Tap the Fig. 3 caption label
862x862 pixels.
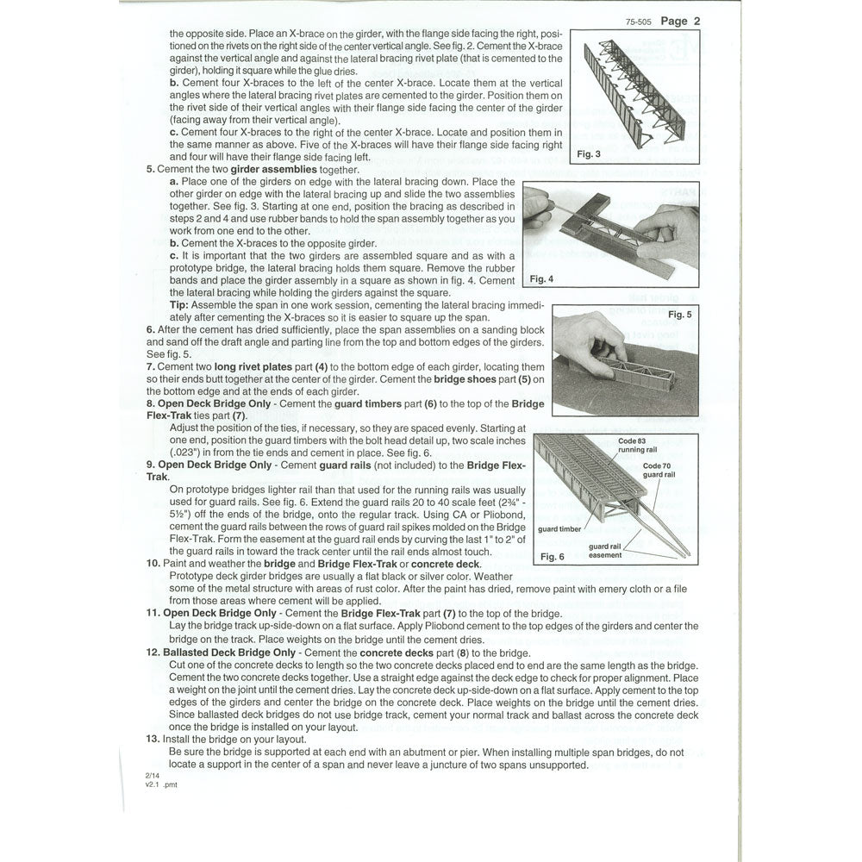click(x=588, y=153)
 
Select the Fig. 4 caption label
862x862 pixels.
click(x=541, y=279)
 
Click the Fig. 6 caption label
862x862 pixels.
click(x=552, y=556)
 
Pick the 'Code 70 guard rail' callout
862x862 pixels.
click(x=659, y=471)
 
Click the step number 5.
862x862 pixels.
click(x=150, y=170)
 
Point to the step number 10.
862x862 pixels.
click(x=153, y=563)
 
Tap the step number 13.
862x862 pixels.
click(x=153, y=739)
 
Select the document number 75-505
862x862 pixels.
click(x=640, y=22)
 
